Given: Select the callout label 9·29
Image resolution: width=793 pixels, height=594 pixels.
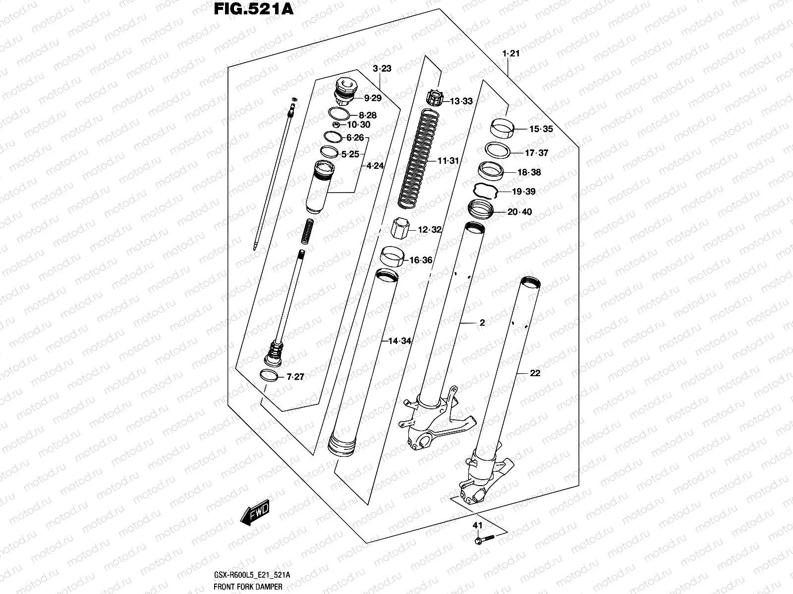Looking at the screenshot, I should click(x=372, y=98).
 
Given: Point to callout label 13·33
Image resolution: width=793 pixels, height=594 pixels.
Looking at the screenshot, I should click(x=461, y=101).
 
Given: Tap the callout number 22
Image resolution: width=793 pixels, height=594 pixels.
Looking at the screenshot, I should click(x=534, y=373).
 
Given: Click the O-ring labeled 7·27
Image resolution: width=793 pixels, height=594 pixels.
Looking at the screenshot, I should click(x=269, y=375).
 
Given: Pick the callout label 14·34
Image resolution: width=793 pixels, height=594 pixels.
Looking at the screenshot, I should click(x=399, y=341).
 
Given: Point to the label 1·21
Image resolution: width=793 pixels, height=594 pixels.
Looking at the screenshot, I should click(x=510, y=53).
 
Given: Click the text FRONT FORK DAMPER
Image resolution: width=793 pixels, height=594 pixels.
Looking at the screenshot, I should click(x=248, y=587).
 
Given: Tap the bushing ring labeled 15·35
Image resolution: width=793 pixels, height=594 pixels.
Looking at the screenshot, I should click(x=502, y=130).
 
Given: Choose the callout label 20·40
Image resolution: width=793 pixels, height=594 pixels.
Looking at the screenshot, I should click(x=519, y=212).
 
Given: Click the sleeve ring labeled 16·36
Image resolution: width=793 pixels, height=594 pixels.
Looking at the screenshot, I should click(x=391, y=258).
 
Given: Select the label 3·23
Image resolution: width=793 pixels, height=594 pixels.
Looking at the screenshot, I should click(x=382, y=68).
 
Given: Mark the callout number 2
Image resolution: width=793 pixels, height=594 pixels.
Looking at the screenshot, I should click(x=482, y=323).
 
